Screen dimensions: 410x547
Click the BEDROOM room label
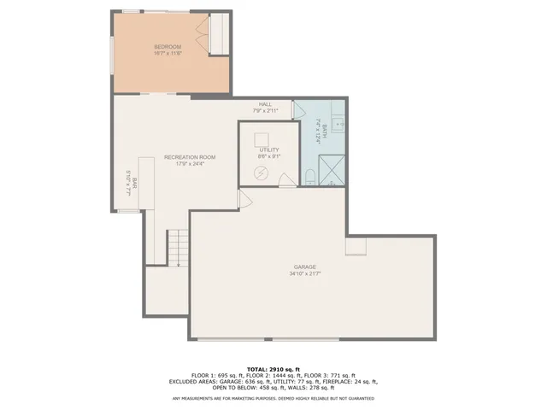pos(168,46)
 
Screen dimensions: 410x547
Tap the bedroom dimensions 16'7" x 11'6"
pos(168,53)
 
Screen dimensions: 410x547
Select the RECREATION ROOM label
pos(190,157)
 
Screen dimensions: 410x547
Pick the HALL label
pos(265,104)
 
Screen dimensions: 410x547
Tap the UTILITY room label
pos(269,149)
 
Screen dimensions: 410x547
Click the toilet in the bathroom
pos(311,176)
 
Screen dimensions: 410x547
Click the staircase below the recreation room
pos(177,248)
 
